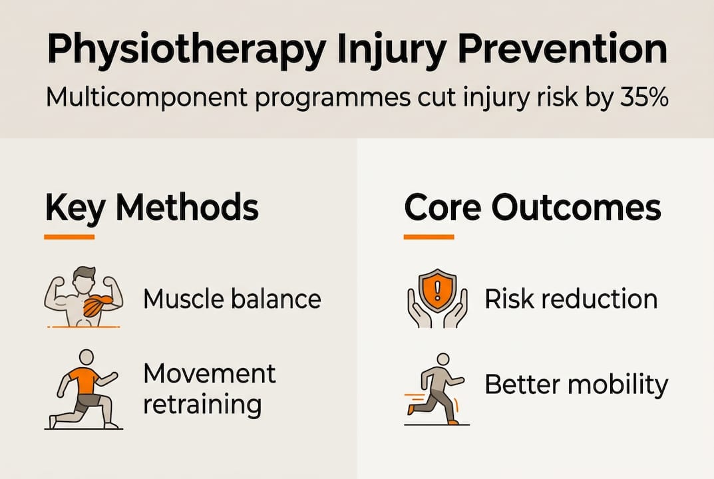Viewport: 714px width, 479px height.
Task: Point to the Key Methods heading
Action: [x=152, y=209]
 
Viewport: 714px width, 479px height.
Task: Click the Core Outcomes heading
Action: [x=532, y=209]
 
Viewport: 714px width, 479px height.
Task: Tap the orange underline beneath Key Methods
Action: [x=69, y=236]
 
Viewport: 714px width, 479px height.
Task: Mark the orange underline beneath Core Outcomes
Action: [x=429, y=236]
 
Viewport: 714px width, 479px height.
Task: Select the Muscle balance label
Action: [x=232, y=299]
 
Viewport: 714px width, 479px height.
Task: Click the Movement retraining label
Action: [x=209, y=388]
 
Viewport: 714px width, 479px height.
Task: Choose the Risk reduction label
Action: [x=570, y=299]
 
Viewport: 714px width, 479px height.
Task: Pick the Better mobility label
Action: [x=576, y=385]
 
